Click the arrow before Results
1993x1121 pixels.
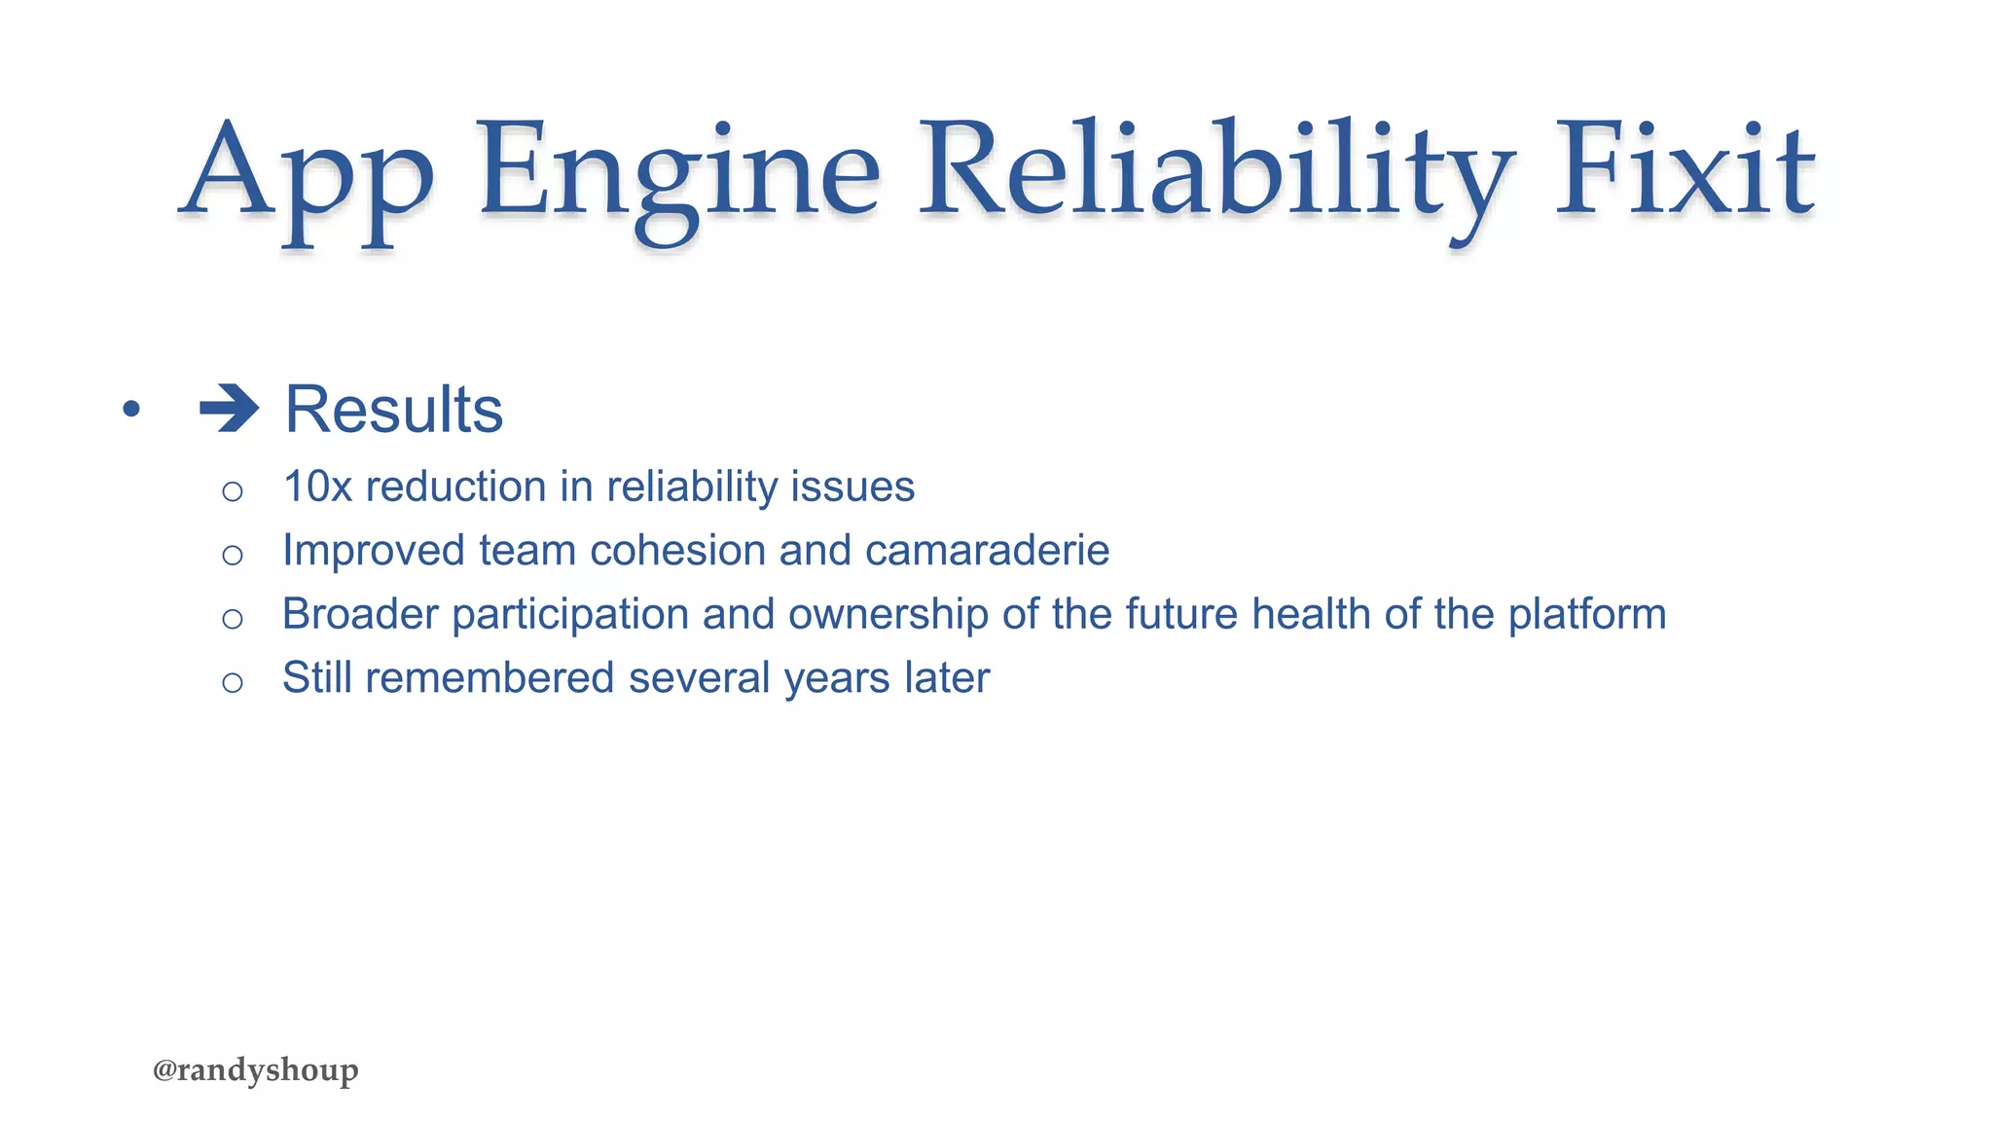click(x=230, y=409)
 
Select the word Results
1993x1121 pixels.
click(x=394, y=410)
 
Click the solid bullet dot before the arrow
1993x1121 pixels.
click(x=131, y=409)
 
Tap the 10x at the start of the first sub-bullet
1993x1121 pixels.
click(x=317, y=487)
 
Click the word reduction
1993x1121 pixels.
click(x=455, y=487)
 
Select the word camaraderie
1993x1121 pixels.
click(x=987, y=551)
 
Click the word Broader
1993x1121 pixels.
click(x=360, y=615)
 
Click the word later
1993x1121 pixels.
click(x=947, y=678)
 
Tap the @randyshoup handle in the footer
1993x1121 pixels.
click(x=256, y=1070)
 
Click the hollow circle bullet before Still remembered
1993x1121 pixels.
click(x=232, y=682)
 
